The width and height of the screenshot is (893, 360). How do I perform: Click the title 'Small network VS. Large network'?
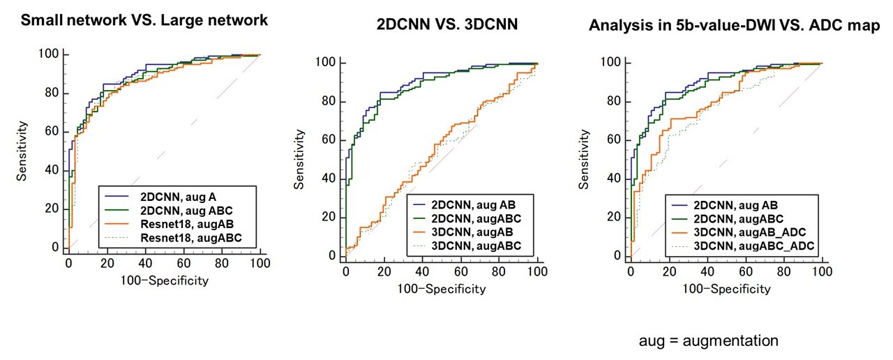(x=144, y=20)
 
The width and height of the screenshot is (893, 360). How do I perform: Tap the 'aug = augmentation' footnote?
(x=708, y=341)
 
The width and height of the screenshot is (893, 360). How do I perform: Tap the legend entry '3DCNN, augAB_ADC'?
(x=756, y=231)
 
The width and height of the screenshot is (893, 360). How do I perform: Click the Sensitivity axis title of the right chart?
(x=584, y=159)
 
